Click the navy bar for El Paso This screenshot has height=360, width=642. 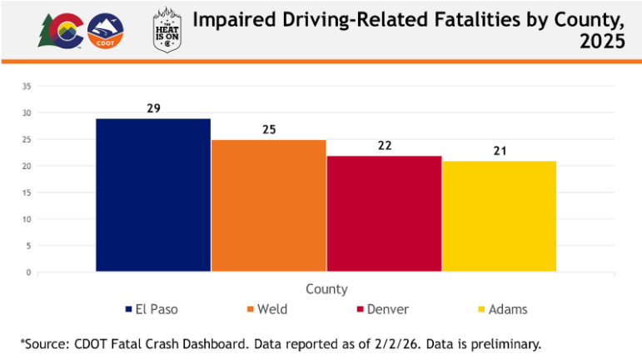153,195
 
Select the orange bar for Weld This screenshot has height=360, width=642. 268,205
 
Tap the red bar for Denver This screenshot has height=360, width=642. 384,213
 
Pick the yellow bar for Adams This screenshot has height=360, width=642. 499,216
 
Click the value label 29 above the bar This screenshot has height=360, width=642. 153,108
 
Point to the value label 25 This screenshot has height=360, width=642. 268,130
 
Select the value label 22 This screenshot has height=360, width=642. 384,146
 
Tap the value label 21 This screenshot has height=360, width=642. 499,151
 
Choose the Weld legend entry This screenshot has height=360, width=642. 266,309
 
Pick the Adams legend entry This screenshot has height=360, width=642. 501,309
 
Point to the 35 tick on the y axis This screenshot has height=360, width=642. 27,86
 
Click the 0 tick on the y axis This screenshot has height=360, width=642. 28,272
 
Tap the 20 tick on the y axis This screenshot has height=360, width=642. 27,166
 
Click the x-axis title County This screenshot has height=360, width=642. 326,289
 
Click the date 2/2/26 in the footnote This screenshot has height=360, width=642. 394,343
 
